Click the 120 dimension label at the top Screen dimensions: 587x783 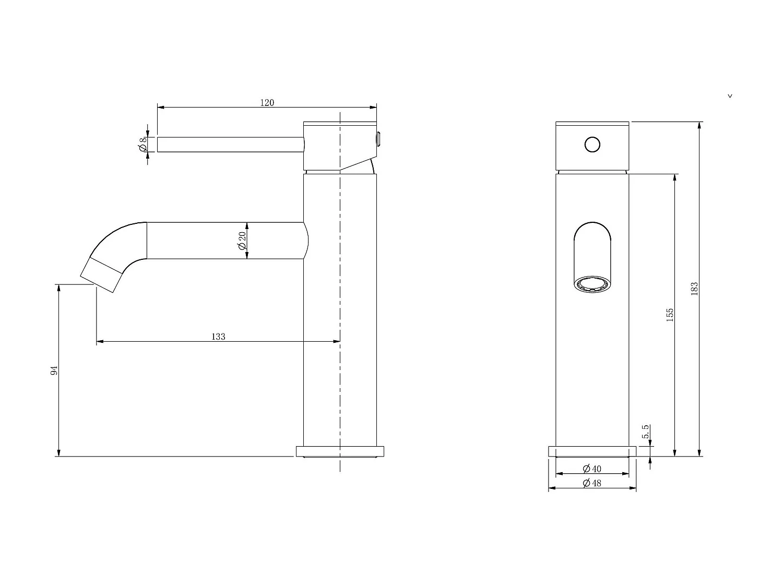coord(267,102)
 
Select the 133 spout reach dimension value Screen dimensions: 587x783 coord(218,337)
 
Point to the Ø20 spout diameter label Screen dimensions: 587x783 coord(242,241)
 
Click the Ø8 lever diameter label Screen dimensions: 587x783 coord(142,145)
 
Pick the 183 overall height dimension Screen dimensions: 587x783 coord(694,289)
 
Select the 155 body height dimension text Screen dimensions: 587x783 coord(670,315)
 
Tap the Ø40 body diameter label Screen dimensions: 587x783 coord(591,469)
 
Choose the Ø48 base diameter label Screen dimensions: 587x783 coord(591,483)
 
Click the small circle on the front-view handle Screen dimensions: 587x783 coord(592,145)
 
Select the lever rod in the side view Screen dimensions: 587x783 coord(230,145)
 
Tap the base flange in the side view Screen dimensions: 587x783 coord(340,451)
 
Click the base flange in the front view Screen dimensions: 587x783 coord(592,451)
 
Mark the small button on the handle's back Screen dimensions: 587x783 coord(379,138)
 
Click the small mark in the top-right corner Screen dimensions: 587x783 coord(730,96)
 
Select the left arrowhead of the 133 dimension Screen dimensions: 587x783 coord(100,342)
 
